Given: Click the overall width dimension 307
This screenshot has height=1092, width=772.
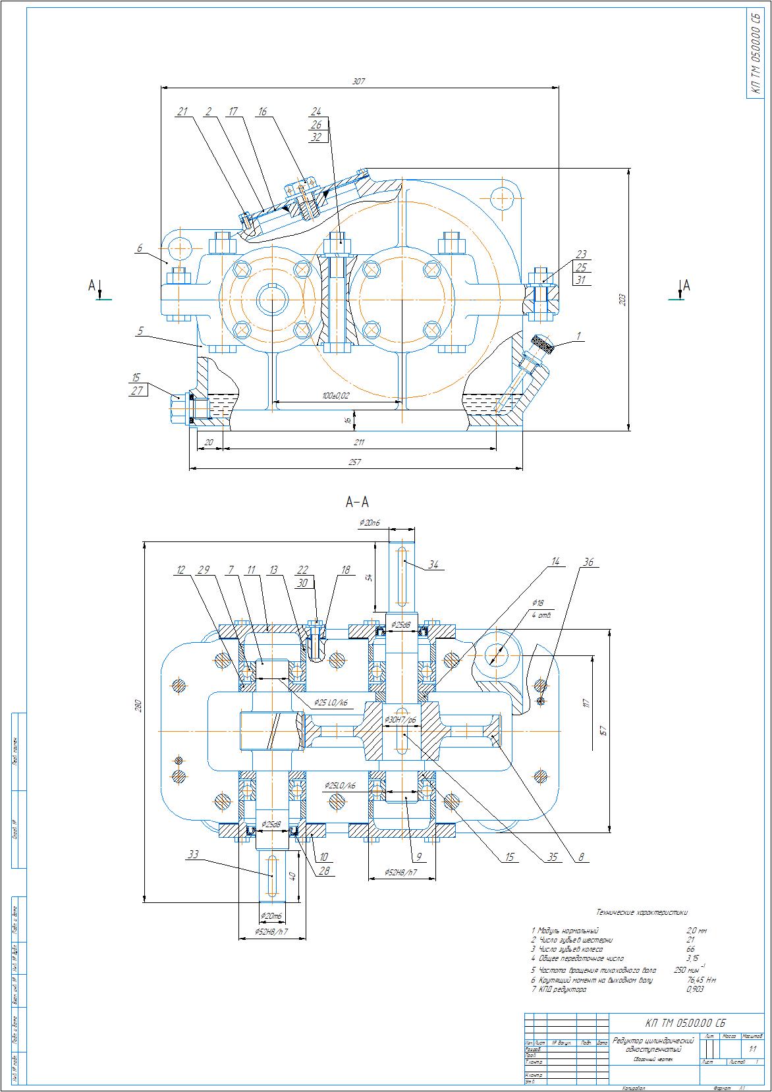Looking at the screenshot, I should click(358, 82).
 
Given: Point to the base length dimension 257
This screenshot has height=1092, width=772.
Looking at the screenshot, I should click(356, 463).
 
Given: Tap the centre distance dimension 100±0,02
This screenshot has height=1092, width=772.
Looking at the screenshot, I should click(336, 395).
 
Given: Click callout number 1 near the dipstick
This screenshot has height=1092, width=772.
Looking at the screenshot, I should click(578, 336).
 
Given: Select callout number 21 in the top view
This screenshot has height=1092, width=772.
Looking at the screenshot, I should click(182, 111).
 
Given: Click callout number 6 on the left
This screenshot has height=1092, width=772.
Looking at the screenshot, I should click(140, 248).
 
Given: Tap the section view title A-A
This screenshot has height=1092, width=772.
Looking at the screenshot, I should click(356, 503).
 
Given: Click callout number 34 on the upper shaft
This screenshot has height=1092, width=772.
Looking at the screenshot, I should click(433, 564).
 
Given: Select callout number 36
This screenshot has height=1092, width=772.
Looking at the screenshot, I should click(588, 562).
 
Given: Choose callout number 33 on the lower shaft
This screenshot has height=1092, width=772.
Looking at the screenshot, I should click(193, 855).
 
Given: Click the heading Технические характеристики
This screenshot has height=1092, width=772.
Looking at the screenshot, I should click(642, 912).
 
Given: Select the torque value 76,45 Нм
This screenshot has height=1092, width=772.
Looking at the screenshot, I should click(701, 979).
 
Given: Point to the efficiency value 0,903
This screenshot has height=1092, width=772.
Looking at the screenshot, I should click(695, 989).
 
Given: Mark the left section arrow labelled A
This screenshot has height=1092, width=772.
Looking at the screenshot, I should click(94, 287).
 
